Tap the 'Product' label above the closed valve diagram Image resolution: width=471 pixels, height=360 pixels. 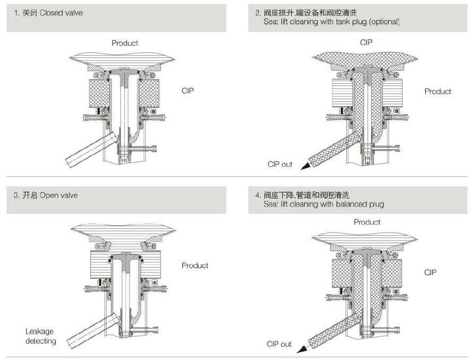(125, 43)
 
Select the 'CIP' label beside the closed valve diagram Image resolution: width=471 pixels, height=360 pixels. (188, 91)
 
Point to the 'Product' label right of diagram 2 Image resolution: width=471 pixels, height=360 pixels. (438, 91)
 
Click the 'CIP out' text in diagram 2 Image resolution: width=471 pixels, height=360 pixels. (280, 164)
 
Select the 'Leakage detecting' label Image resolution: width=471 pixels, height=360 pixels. (40, 336)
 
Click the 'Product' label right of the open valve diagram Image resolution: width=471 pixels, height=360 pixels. (195, 265)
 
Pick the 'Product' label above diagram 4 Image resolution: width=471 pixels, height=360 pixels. (367, 222)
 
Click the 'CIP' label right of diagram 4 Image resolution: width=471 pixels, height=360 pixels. (430, 272)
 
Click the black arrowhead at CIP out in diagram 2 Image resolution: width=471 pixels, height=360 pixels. (305, 167)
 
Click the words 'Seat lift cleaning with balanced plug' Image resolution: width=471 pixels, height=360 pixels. (323, 204)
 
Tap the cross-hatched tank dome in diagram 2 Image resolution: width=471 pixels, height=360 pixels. (366, 58)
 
